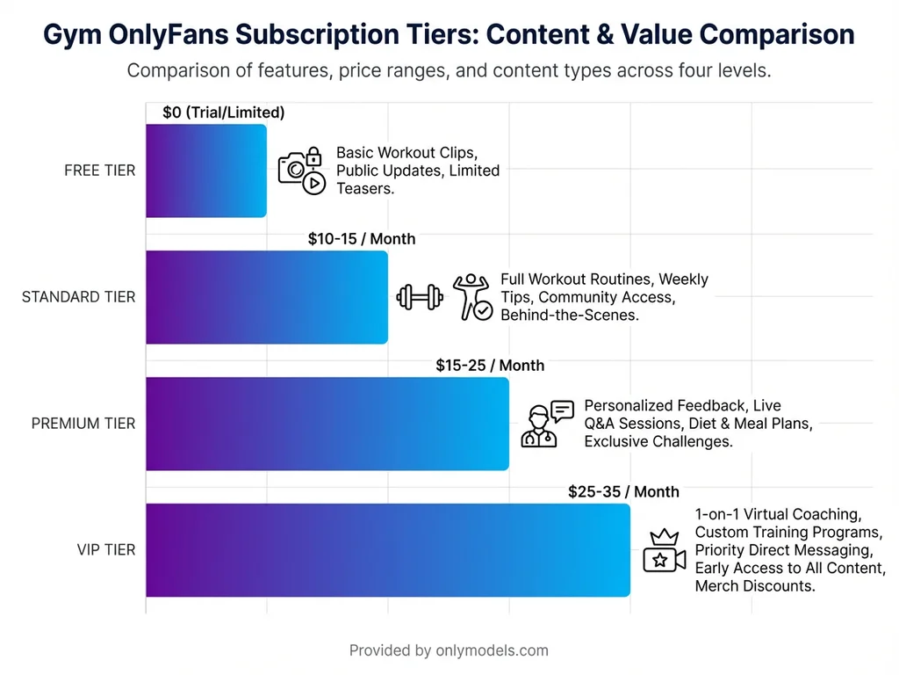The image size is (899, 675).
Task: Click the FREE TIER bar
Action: click(x=205, y=171)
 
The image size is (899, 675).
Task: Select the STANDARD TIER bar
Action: click(x=266, y=297)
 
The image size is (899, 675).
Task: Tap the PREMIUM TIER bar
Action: click(x=327, y=424)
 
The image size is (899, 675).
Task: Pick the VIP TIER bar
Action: click(x=387, y=550)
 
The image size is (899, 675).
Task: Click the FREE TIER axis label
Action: click(x=99, y=171)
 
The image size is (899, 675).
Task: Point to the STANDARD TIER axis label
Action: click(x=78, y=297)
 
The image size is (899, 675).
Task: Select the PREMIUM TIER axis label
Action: click(x=83, y=424)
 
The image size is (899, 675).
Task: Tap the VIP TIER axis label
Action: click(x=106, y=550)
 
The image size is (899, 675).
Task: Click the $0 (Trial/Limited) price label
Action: click(x=224, y=112)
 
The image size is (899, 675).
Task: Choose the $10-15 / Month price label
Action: click(x=362, y=239)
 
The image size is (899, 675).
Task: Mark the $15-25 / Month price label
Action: click(x=490, y=366)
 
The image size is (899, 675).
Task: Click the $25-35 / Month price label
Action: click(x=623, y=492)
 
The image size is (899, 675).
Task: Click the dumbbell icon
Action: click(x=419, y=297)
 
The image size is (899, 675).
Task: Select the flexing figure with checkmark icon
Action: click(x=471, y=296)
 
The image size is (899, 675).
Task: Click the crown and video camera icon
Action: click(x=664, y=551)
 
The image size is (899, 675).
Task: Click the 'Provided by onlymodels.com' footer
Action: click(x=449, y=650)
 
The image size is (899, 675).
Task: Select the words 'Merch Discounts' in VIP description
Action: click(x=754, y=586)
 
